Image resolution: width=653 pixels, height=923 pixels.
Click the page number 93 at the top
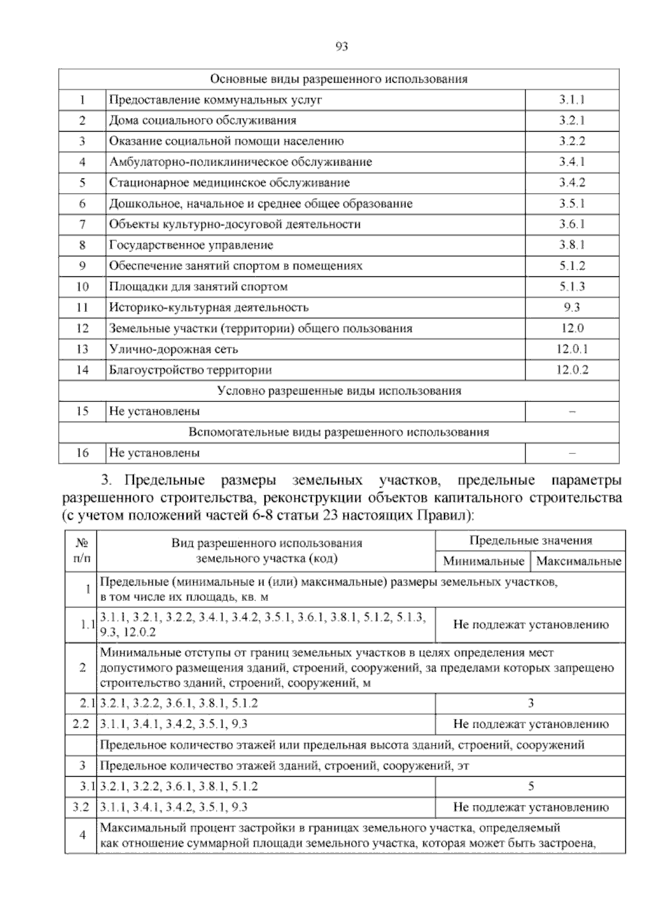[342, 46]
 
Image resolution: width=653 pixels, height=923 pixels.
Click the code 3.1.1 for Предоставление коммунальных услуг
[571, 100]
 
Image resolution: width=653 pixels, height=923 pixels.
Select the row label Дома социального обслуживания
[202, 120]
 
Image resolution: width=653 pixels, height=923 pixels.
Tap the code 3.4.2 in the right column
[571, 183]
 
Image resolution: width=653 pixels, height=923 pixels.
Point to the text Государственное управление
[191, 245]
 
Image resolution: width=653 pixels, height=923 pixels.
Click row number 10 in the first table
[82, 287]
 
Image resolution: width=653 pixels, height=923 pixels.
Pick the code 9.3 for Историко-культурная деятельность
[571, 307]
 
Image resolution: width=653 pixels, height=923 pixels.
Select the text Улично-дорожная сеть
[174, 349]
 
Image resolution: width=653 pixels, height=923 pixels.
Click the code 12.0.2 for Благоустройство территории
[571, 370]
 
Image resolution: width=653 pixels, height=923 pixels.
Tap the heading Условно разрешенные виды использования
[338, 391]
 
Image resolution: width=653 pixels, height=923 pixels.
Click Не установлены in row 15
[154, 411]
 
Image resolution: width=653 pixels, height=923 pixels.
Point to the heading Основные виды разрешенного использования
[338, 79]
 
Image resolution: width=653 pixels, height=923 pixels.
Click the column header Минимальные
[483, 561]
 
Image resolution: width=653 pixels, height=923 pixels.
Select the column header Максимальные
[578, 561]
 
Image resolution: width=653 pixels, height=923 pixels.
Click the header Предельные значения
[530, 540]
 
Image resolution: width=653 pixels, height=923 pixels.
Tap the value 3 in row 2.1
[530, 703]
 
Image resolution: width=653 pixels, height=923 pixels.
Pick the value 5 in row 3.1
[530, 786]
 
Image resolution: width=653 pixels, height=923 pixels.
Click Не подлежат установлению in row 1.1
[530, 625]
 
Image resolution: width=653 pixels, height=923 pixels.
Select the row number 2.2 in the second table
[81, 724]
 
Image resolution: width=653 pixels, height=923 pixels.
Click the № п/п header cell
[81, 550]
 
